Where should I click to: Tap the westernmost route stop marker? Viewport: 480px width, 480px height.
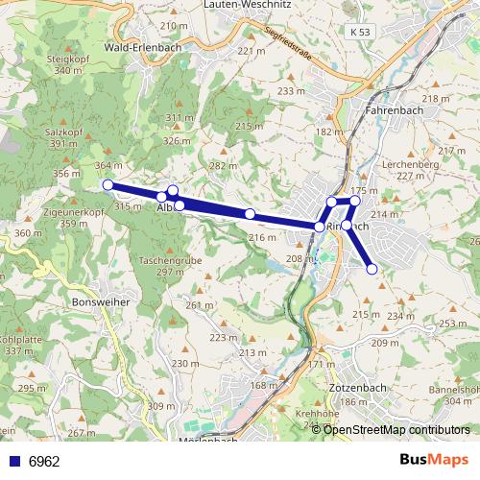[108, 184]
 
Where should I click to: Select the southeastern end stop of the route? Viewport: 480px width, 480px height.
[372, 270]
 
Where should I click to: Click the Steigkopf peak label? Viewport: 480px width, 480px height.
[60, 58]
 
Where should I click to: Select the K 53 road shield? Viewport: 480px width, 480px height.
[360, 33]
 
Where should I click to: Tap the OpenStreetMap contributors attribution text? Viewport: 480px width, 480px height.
[397, 429]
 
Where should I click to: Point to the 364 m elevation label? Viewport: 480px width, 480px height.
[108, 165]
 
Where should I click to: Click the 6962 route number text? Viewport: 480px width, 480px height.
[44, 461]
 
